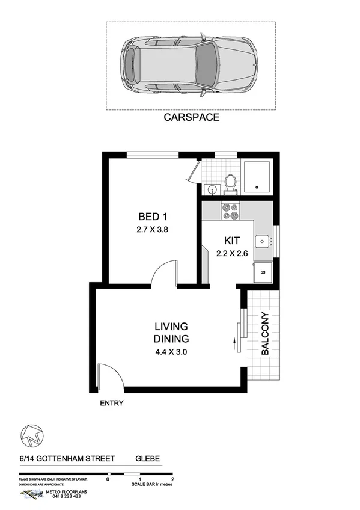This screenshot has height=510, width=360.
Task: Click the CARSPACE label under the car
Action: click(x=192, y=118)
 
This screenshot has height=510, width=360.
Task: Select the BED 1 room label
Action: click(x=148, y=217)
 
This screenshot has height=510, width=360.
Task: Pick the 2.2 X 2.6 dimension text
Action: click(x=232, y=253)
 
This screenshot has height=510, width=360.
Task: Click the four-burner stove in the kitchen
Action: click(x=230, y=211)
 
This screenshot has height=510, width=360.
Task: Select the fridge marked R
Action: click(x=263, y=271)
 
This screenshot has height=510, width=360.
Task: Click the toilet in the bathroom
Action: click(x=229, y=182)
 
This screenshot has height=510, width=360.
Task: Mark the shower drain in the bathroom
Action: click(x=257, y=187)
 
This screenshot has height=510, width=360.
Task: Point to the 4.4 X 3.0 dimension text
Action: click(x=171, y=352)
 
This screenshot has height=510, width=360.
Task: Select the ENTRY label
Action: click(x=111, y=403)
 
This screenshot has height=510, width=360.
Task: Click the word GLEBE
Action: click(x=147, y=458)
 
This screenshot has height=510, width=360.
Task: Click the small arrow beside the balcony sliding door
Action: click(x=233, y=344)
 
